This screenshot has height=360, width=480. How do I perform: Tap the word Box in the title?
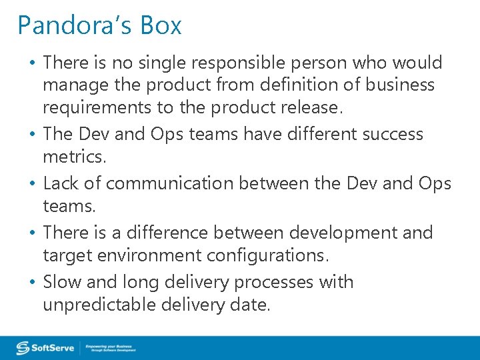160,26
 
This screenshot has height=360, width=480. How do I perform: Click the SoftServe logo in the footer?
45,348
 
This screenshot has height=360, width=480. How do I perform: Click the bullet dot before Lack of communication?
33,184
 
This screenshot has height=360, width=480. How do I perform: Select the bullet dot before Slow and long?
33,283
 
